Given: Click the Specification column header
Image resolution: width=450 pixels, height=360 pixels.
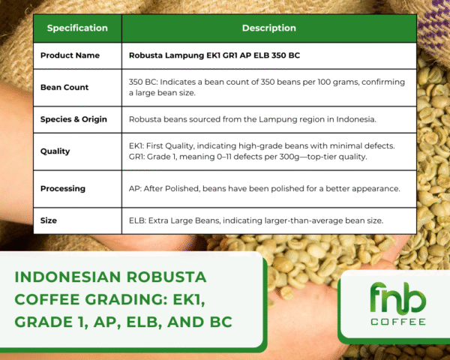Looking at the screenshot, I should coord(77,28).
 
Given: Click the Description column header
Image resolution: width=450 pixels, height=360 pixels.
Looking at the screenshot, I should coord(268,28).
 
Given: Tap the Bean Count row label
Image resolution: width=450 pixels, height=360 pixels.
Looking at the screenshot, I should coord(64,87).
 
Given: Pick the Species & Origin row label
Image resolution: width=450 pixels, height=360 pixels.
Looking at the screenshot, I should coord(73,119).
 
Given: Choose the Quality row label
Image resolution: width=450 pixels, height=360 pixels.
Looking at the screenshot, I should coord(55,151).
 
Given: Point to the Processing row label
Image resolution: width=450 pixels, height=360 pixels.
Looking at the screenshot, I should coord(63,188).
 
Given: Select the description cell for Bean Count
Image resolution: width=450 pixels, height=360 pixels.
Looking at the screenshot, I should coord(268,87).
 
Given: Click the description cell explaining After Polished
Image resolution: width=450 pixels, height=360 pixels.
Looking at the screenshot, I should coord(268,188).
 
